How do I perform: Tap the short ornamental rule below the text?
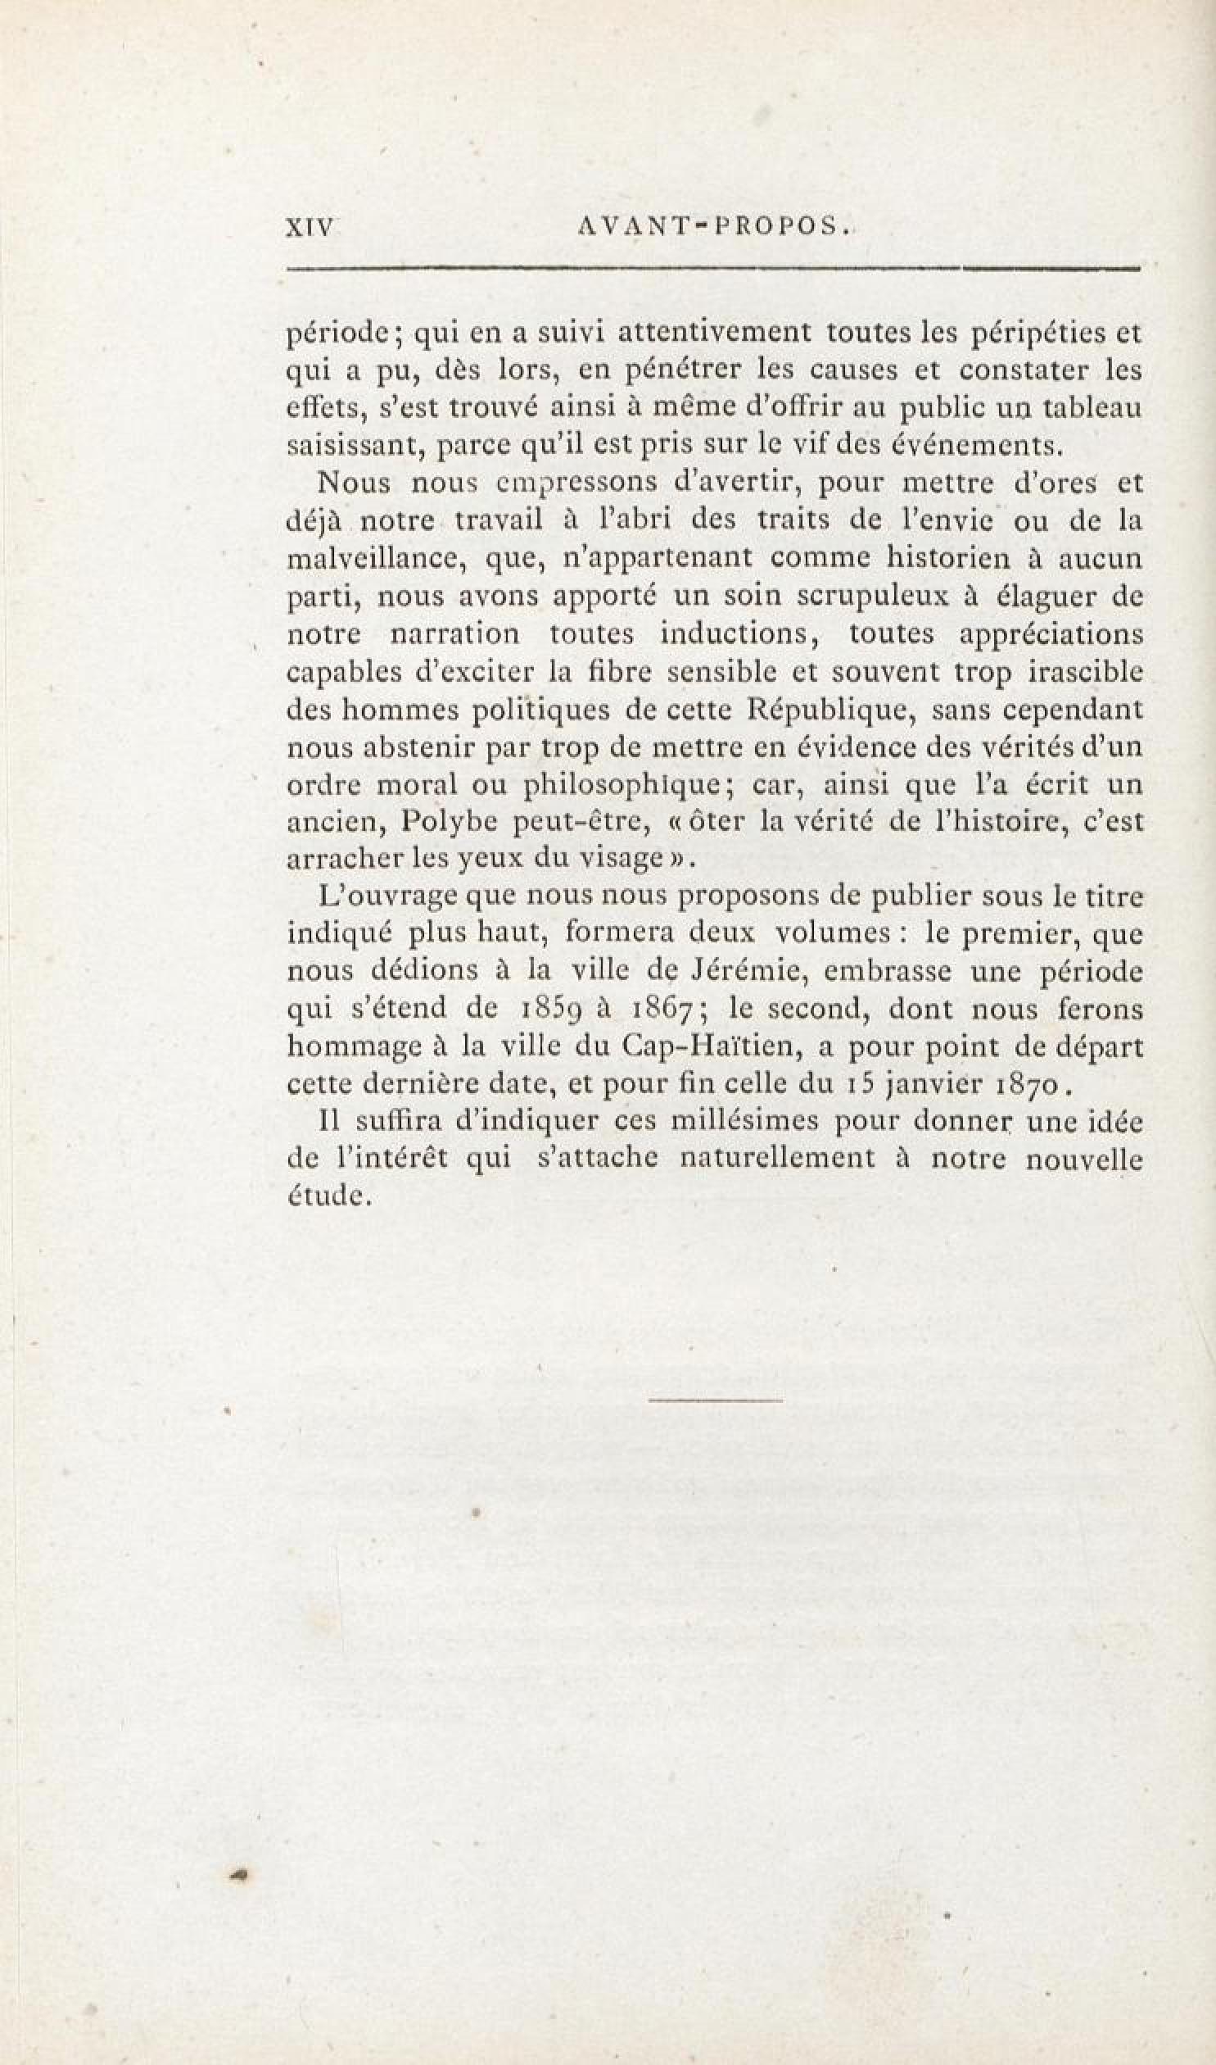point(715,1400)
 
